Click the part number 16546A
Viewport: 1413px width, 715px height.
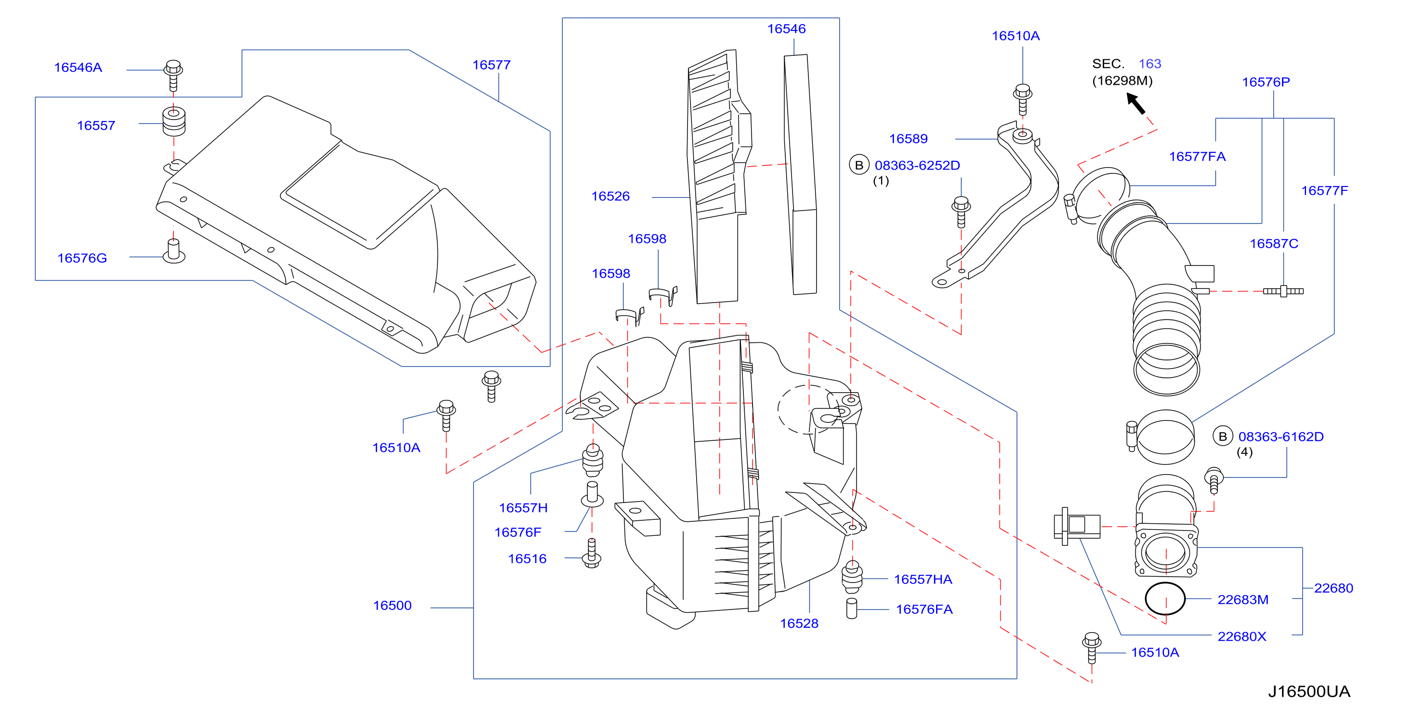(x=78, y=67)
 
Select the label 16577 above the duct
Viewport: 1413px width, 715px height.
(x=491, y=65)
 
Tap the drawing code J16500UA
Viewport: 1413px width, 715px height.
(x=1309, y=691)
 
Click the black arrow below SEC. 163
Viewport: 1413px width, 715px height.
(x=1136, y=103)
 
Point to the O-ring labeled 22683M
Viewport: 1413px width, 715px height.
(x=1165, y=599)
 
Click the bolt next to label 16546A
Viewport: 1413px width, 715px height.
(x=173, y=75)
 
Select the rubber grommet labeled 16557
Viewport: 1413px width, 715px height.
(x=174, y=121)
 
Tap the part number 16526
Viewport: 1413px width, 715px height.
(x=610, y=197)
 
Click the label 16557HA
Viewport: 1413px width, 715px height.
(x=923, y=580)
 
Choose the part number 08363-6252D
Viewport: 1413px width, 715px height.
(x=917, y=165)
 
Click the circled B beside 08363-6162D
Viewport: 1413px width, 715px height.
(x=1223, y=436)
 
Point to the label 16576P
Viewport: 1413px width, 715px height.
(x=1266, y=82)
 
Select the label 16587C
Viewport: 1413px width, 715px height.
(x=1274, y=244)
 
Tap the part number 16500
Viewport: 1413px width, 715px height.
(x=392, y=606)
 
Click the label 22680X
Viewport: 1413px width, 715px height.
(x=1242, y=636)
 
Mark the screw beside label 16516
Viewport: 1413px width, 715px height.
(x=591, y=553)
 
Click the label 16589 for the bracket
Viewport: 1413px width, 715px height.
(x=909, y=139)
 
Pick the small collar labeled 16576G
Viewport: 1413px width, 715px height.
(x=174, y=252)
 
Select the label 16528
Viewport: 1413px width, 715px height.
(x=799, y=623)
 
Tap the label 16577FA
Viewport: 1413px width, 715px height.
(x=1198, y=157)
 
